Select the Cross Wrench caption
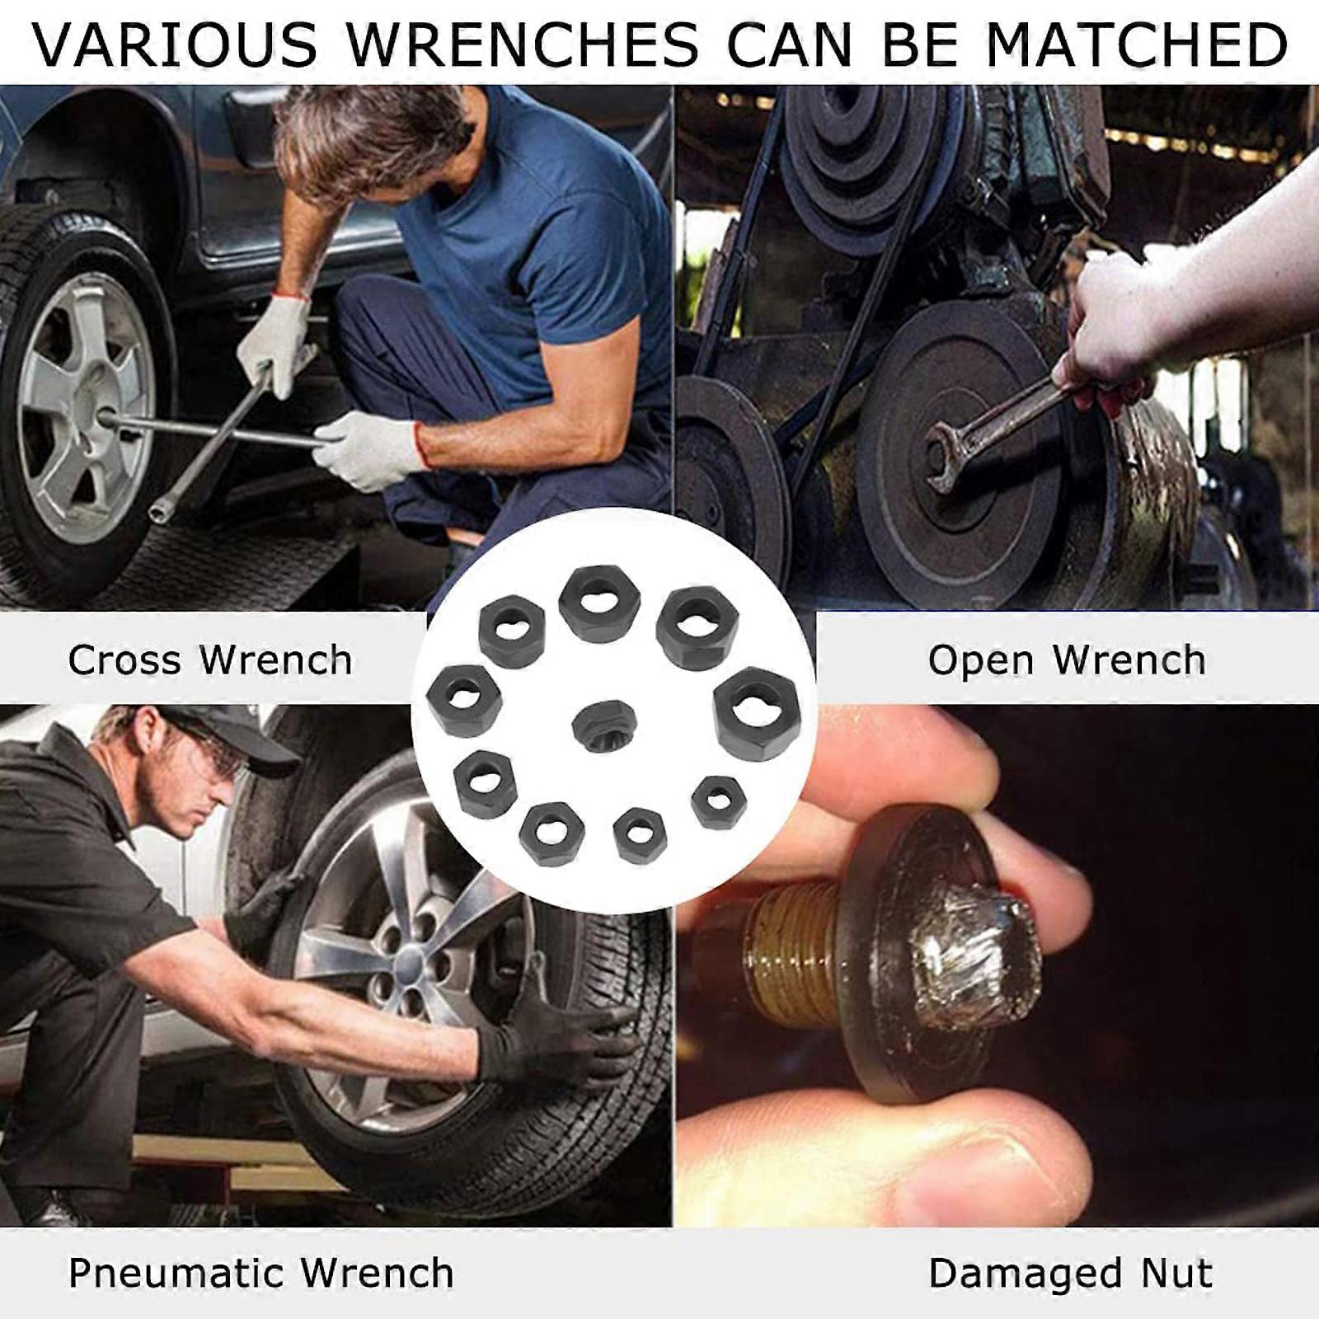(210, 660)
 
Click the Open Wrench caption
(1067, 660)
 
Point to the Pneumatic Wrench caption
(261, 1274)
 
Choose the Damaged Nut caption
(1070, 1274)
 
